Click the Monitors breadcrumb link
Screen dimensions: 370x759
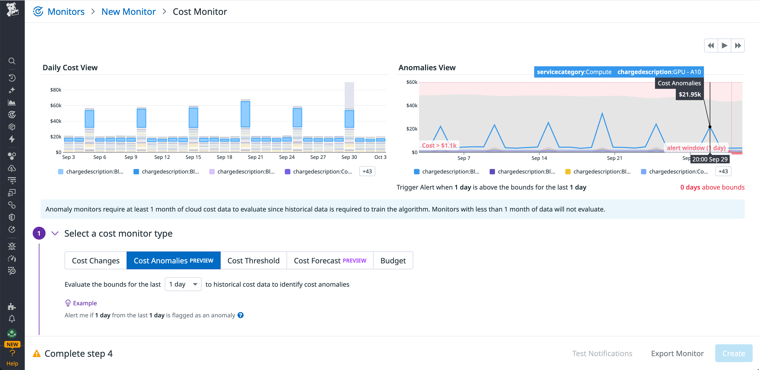tap(66, 12)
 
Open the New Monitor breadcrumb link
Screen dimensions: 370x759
tap(129, 12)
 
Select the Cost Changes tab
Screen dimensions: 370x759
tap(95, 261)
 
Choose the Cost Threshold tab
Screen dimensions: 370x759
tap(253, 261)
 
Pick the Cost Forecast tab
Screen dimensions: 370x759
tap(330, 261)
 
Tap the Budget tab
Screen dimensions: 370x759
tap(393, 261)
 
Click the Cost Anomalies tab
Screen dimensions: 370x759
tap(173, 261)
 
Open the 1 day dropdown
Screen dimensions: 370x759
tap(183, 284)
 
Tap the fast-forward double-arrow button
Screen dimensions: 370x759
tap(738, 46)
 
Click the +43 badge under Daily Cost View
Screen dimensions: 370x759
tap(367, 171)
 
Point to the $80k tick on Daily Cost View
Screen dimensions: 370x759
tap(56, 90)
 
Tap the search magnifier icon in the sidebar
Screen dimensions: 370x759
tap(12, 61)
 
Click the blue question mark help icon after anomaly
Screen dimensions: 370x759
tap(240, 315)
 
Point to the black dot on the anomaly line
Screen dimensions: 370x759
tap(710, 127)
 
